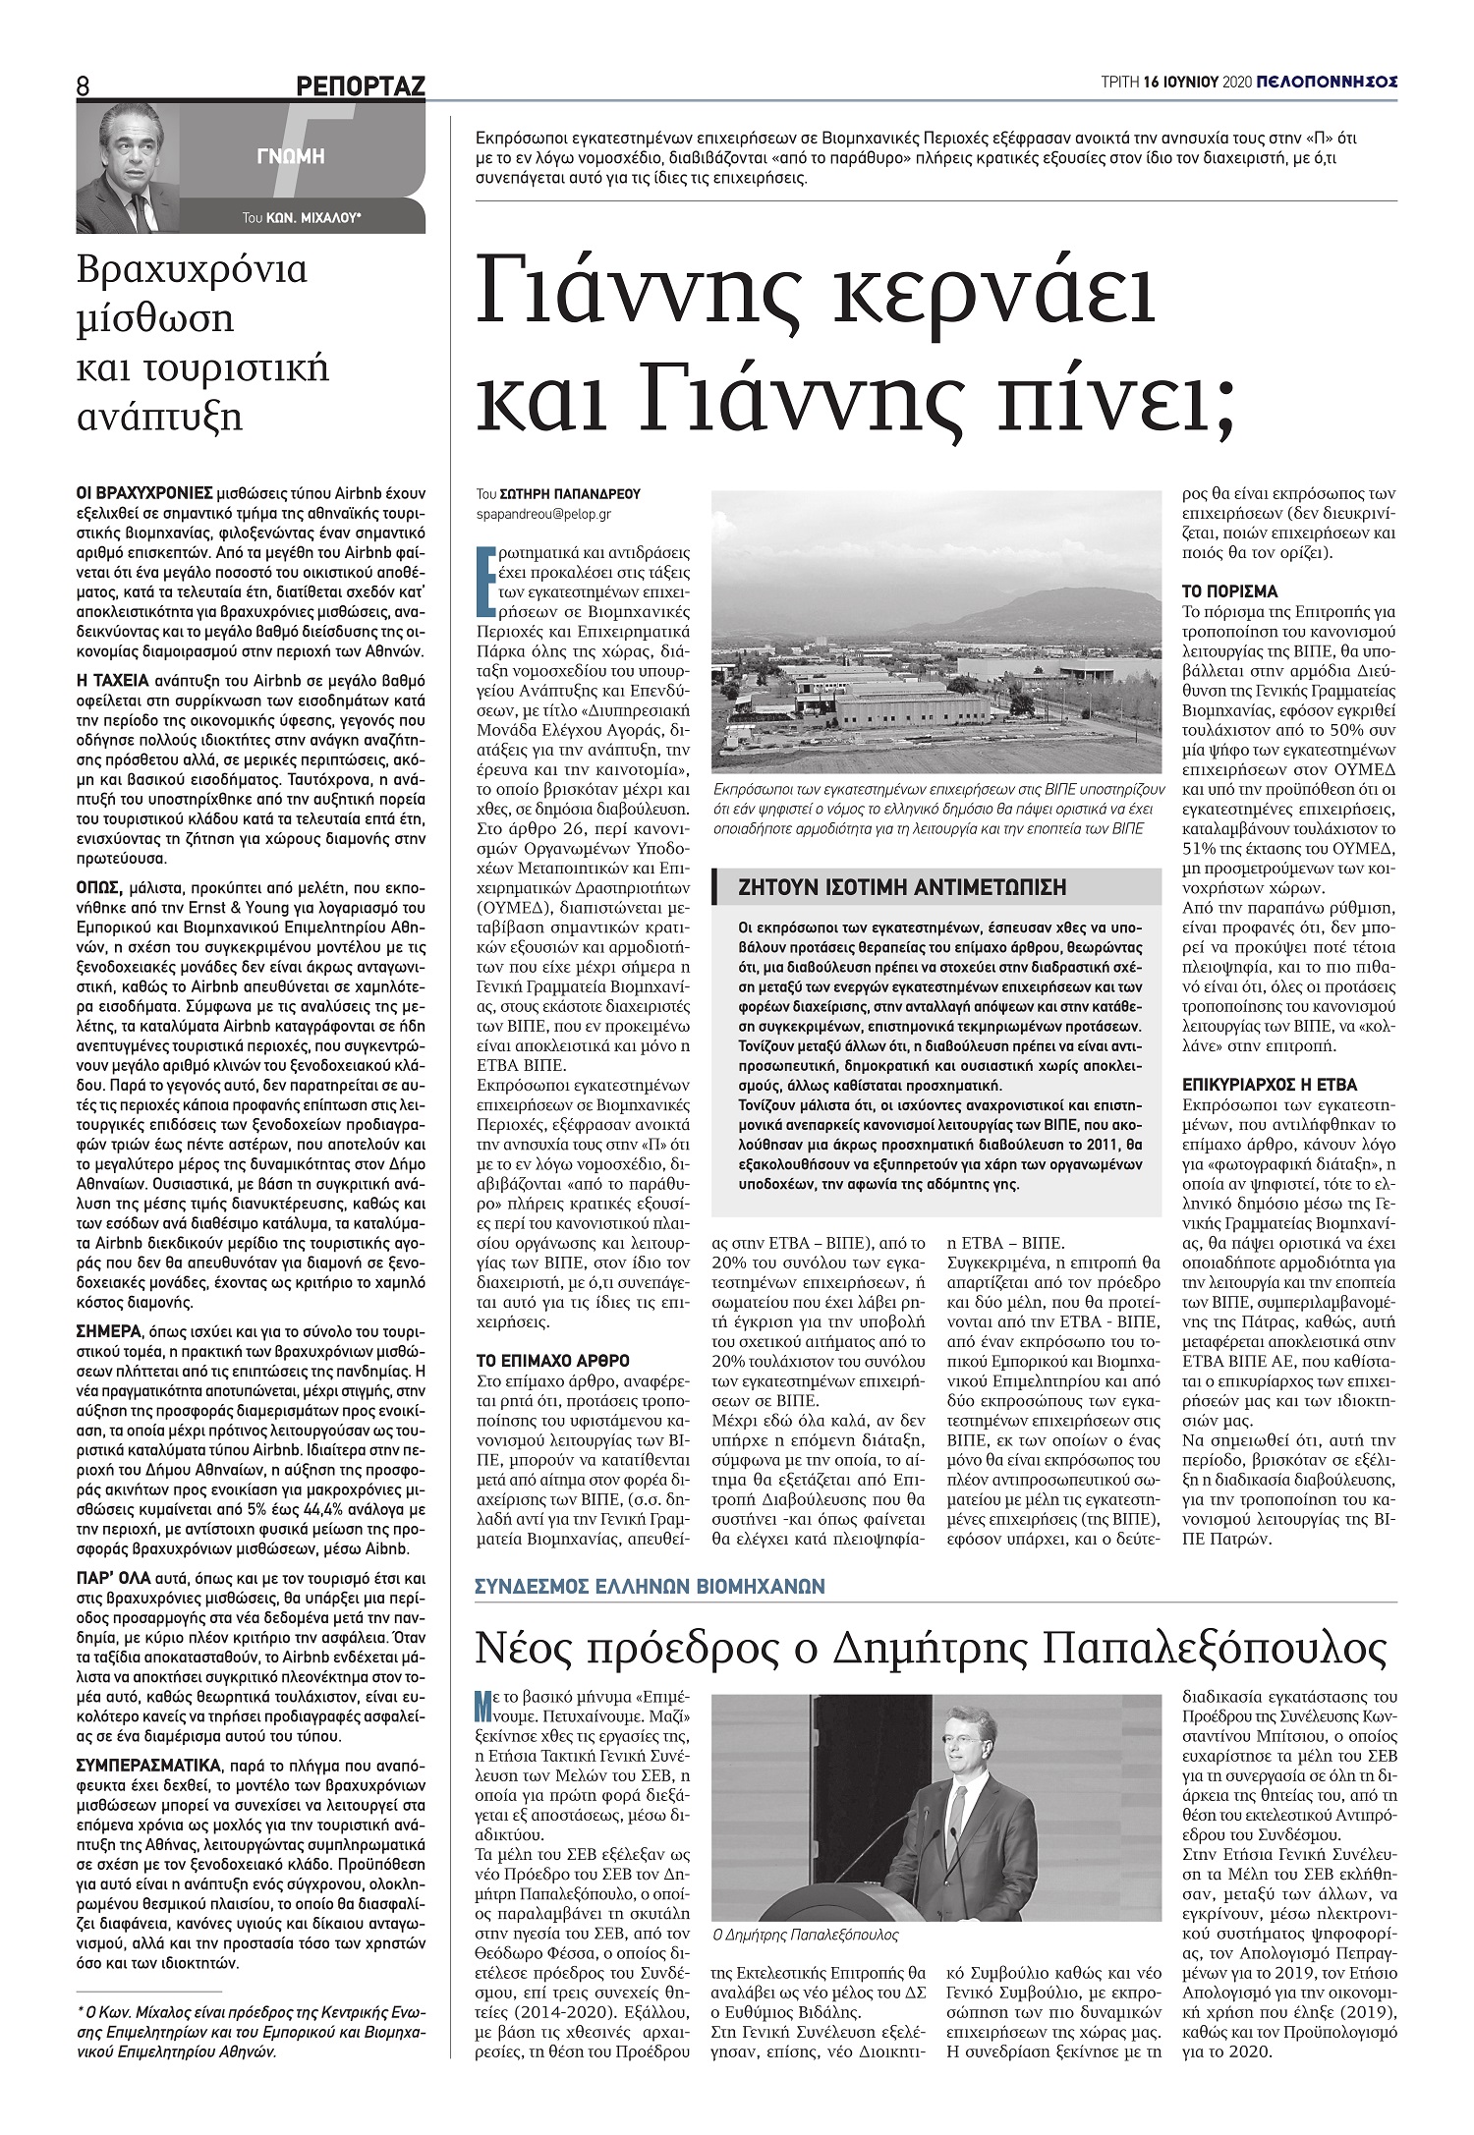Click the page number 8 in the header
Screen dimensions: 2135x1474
(84, 86)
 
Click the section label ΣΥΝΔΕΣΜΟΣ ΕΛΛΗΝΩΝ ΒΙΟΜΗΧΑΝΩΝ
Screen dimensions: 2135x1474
(650, 1586)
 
